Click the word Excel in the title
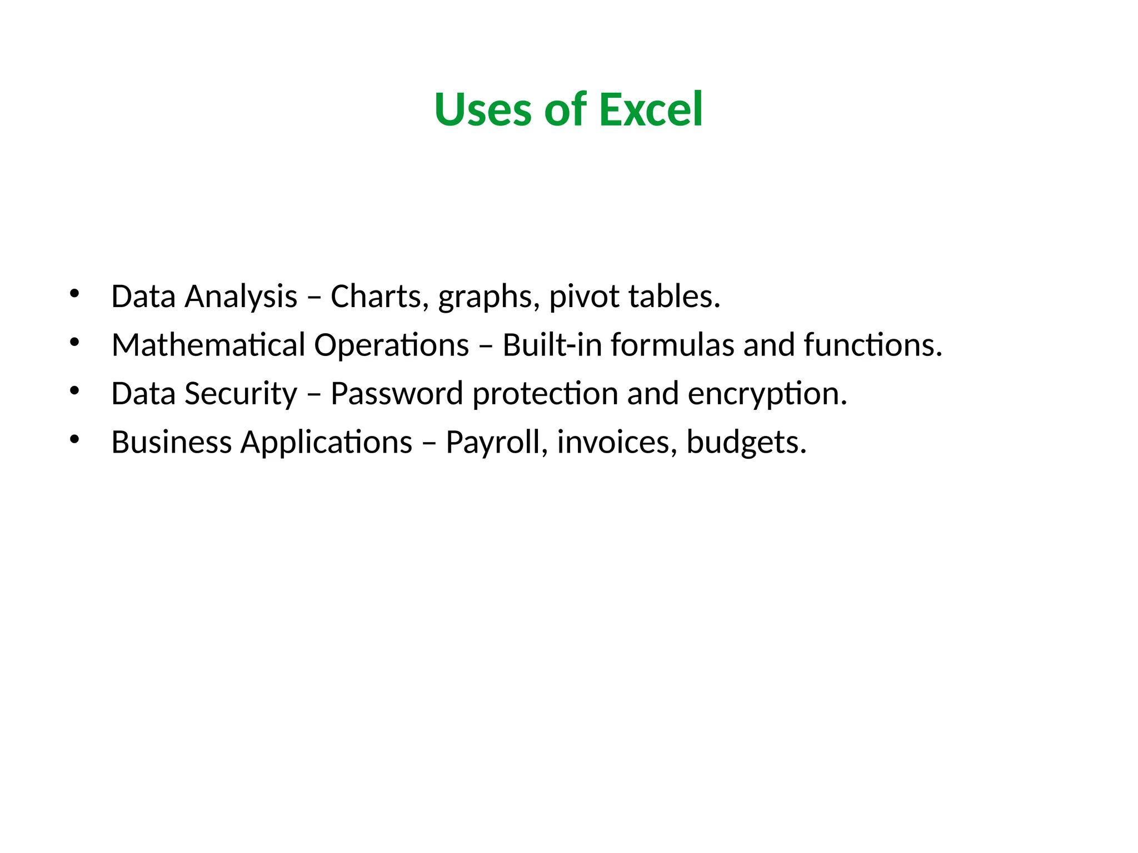(651, 109)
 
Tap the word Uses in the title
(483, 109)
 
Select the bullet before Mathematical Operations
(74, 342)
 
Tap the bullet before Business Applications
(74, 439)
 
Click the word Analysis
(241, 297)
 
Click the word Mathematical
(208, 345)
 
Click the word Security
(241, 394)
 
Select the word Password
(397, 394)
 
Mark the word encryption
(767, 394)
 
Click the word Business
(172, 442)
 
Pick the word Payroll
(497, 442)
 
